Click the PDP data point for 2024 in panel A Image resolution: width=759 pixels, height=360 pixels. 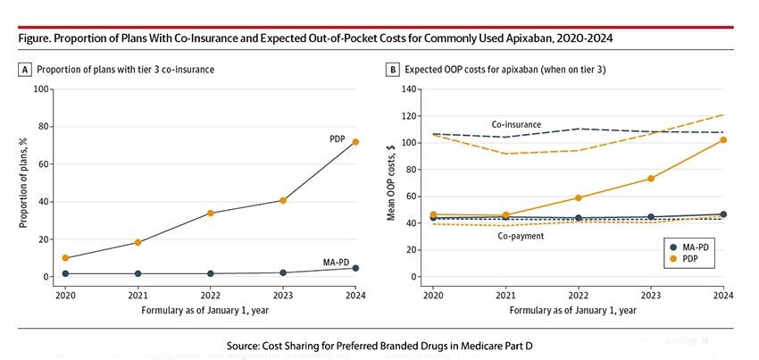(x=355, y=142)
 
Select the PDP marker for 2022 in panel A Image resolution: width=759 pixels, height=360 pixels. (x=210, y=213)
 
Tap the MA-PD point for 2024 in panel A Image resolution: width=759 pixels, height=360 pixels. (x=355, y=268)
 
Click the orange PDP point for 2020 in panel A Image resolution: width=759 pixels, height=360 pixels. (x=65, y=258)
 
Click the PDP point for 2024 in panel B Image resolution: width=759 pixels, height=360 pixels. (x=723, y=139)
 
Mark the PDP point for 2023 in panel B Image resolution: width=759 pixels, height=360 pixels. (x=650, y=179)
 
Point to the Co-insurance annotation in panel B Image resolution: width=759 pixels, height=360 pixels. (x=518, y=124)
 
